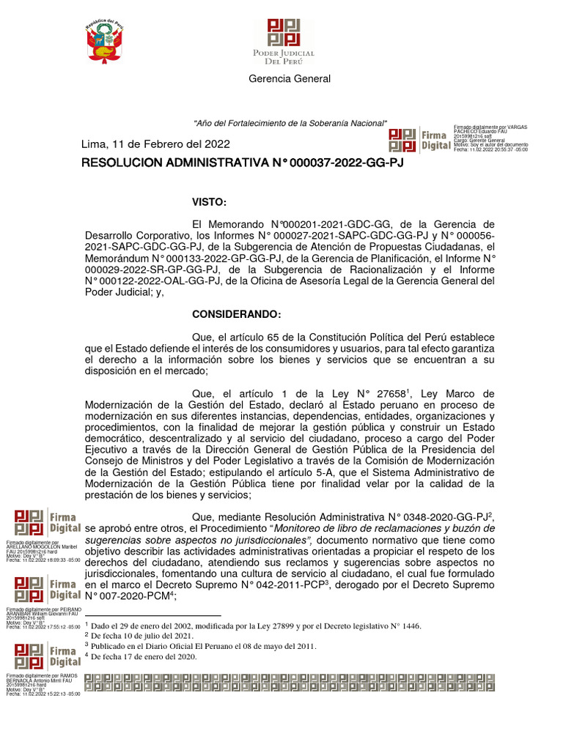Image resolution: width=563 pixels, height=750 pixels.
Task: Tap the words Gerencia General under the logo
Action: click(290, 78)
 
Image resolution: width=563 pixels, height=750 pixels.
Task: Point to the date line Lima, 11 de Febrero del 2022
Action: click(155, 144)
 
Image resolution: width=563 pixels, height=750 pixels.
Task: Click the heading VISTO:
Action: click(210, 201)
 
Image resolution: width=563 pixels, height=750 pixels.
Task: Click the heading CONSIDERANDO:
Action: click(236, 314)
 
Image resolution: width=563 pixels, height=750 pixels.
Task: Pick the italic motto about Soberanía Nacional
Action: click(290, 122)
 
